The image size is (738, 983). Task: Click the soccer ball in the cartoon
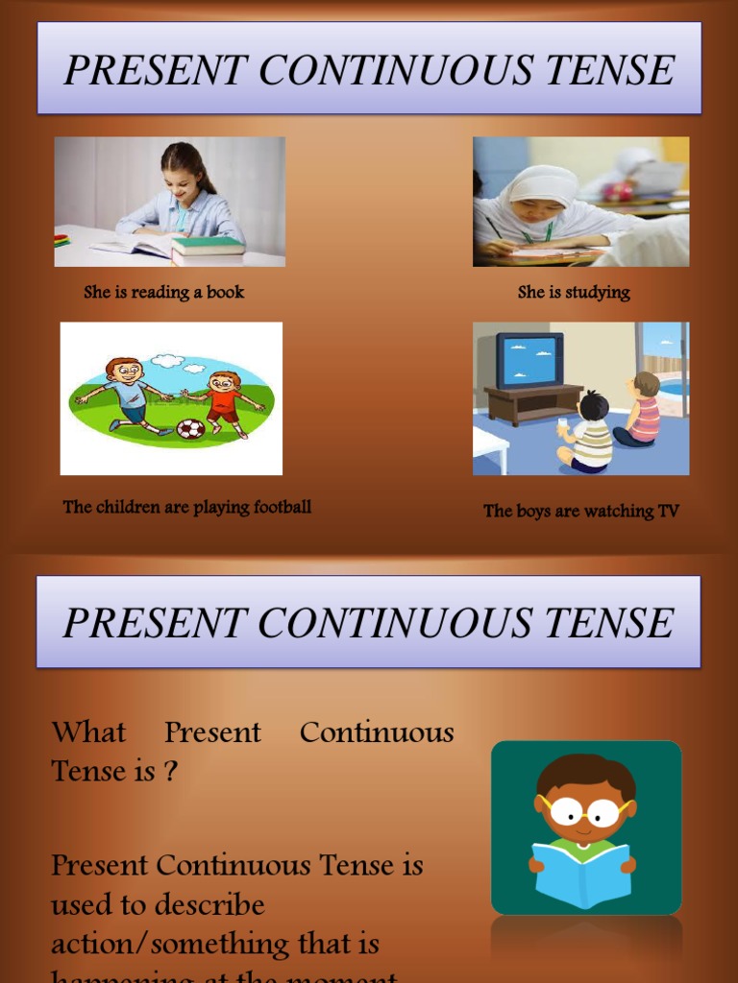pyautogui.click(x=190, y=428)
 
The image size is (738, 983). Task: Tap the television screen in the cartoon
pyautogui.click(x=529, y=358)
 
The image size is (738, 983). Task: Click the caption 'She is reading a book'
pyautogui.click(x=164, y=292)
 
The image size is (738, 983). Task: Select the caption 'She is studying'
pyautogui.click(x=574, y=292)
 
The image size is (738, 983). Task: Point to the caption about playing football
pyautogui.click(x=187, y=507)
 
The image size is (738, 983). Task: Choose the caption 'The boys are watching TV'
pyautogui.click(x=581, y=511)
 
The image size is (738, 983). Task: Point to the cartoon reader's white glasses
pyautogui.click(x=585, y=813)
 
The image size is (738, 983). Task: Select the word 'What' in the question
pyautogui.click(x=88, y=732)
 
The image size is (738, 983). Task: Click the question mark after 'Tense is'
pyautogui.click(x=169, y=771)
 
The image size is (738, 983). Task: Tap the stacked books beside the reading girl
pyautogui.click(x=208, y=250)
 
